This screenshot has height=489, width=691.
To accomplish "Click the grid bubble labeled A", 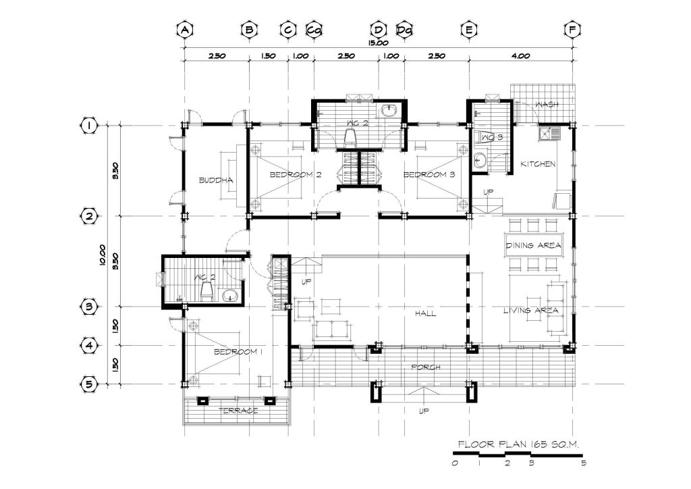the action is tap(185, 30).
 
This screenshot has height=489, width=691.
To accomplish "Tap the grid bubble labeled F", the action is tap(572, 30).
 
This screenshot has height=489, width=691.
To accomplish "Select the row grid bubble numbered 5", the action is tap(90, 384).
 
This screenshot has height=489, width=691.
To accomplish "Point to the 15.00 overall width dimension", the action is tap(379, 43).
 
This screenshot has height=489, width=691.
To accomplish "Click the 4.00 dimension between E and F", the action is tap(520, 56).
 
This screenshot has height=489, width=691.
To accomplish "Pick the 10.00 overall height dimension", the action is tap(103, 255).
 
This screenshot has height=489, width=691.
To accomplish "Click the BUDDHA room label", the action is tap(216, 180).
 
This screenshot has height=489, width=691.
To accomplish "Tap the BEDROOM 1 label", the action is tap(238, 351).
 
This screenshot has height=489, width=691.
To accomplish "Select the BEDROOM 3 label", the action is tap(429, 175).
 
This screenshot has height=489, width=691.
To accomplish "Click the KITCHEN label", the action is tap(538, 164).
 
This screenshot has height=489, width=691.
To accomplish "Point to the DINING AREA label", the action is tap(533, 245).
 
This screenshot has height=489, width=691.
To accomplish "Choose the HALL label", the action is tap(425, 313).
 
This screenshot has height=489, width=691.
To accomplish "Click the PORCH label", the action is tap(425, 367).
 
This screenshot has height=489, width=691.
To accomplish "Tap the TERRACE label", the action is tap(238, 411).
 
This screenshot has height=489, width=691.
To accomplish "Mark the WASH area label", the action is tap(547, 105).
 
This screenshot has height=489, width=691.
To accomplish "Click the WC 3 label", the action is tap(492, 137).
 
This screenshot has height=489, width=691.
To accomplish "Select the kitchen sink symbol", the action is tap(549, 133).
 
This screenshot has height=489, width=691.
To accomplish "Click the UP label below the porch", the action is tap(424, 411).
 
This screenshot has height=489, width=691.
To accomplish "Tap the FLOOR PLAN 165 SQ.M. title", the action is tap(518, 444).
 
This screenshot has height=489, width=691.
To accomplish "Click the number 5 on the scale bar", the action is tap(584, 463).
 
